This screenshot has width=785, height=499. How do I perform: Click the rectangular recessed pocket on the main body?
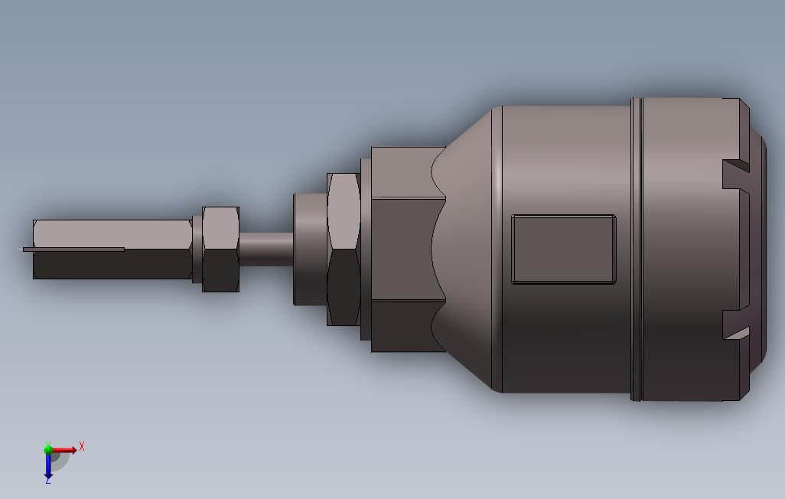[x=563, y=249]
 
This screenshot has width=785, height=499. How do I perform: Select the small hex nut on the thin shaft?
[x=221, y=249]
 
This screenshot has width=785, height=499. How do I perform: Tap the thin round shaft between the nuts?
[x=266, y=249]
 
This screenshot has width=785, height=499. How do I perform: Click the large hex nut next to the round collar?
[x=344, y=249]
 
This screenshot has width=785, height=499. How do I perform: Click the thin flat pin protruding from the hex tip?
[x=73, y=249]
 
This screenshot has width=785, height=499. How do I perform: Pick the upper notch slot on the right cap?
[x=735, y=173]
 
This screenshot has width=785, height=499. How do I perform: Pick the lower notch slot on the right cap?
[x=735, y=325]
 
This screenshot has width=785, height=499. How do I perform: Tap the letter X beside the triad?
[x=82, y=446]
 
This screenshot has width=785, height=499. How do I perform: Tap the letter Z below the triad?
[x=48, y=480]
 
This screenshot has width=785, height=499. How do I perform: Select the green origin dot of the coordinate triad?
[x=48, y=449]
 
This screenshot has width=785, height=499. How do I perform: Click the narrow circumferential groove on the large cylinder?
[x=637, y=249]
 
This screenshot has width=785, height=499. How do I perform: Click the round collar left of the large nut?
[x=310, y=249]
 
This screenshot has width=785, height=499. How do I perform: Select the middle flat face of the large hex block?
[x=406, y=249]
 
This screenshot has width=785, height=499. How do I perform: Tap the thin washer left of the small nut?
[x=197, y=249]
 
